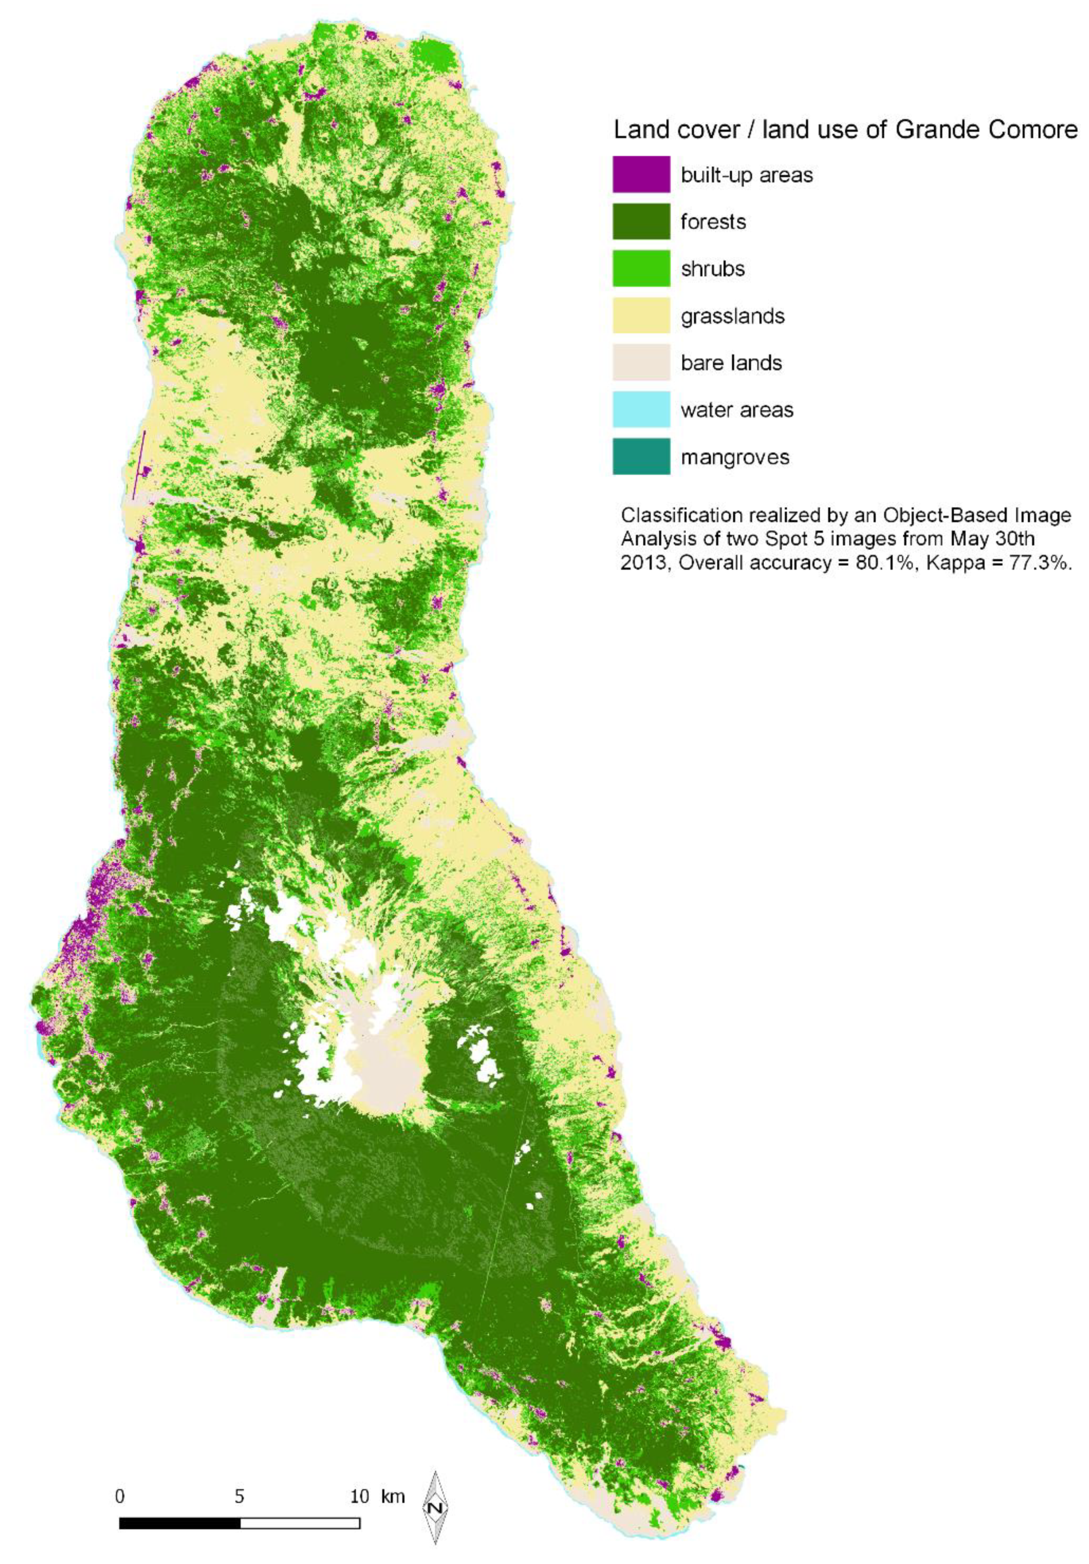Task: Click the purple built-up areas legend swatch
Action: tap(641, 175)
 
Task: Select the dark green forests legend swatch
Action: tap(641, 221)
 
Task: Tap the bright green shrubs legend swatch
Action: tap(641, 268)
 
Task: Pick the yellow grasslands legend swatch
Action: tap(641, 315)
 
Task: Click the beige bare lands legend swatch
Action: tap(641, 363)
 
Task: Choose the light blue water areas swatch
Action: tap(641, 409)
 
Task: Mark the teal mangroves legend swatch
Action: tap(641, 456)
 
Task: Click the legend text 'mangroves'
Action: tap(734, 457)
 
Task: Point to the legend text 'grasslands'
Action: tap(733, 316)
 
